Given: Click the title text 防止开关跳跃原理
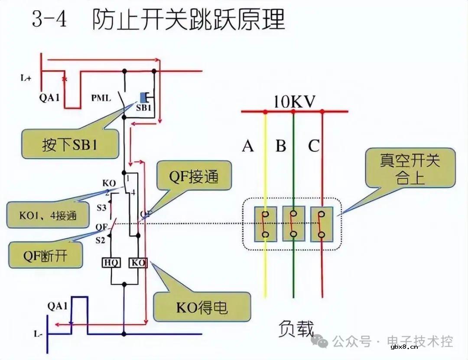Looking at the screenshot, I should click(188, 19).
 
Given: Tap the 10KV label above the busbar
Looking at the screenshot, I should click(294, 102).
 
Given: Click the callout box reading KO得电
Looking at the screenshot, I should click(202, 308).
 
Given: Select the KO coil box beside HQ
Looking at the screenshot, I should click(138, 263).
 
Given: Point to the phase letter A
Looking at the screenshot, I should click(248, 146).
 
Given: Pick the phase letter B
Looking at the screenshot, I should click(281, 146).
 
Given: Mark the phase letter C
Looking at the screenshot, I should click(313, 146).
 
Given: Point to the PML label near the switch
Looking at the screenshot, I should click(101, 98).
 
